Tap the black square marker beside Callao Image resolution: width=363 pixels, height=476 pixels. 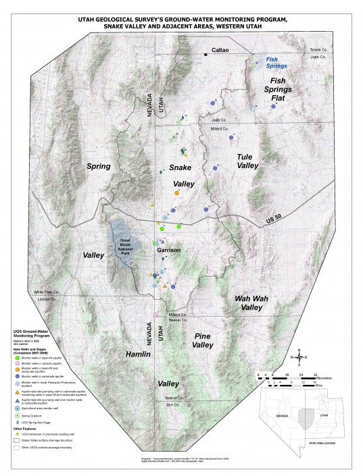(206, 52)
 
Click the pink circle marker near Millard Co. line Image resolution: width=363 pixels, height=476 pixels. (155, 315)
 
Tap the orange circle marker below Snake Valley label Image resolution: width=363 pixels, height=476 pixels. (176, 194)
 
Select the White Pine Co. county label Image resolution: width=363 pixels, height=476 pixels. (48, 292)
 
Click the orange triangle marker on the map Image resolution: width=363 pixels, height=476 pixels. (165, 286)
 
